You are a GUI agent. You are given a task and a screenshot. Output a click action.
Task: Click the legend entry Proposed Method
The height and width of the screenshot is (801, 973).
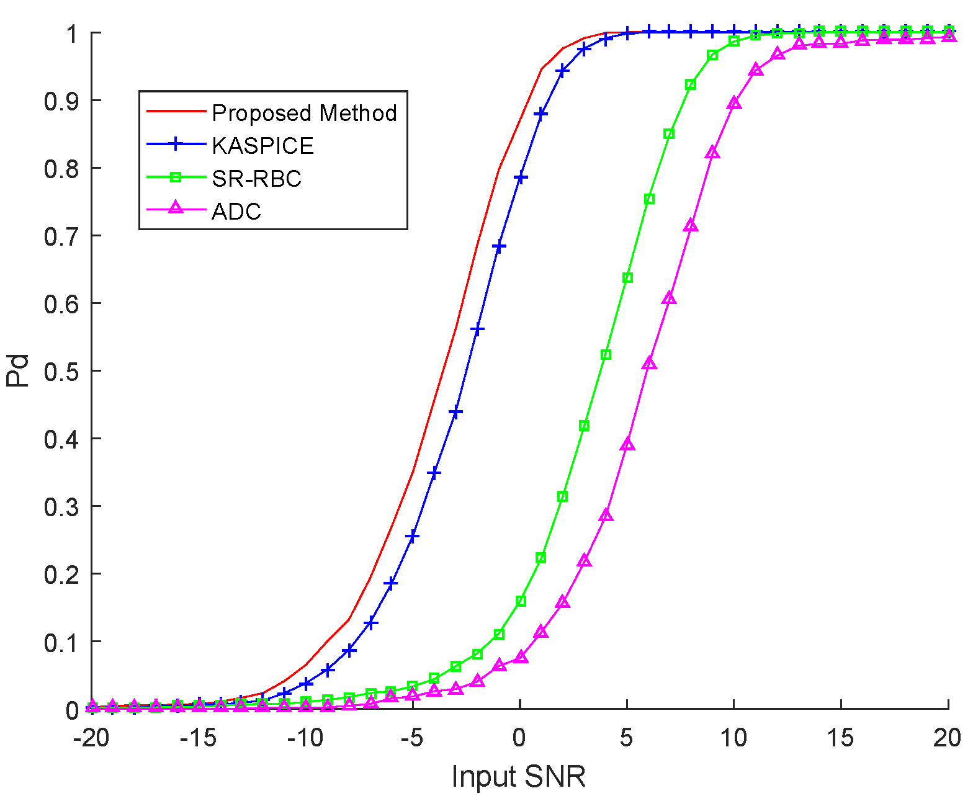tap(304, 113)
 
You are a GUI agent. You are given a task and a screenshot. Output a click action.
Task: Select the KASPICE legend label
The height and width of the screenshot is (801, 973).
tap(262, 146)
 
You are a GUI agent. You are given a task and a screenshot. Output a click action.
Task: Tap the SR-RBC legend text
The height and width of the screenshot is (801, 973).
tap(256, 179)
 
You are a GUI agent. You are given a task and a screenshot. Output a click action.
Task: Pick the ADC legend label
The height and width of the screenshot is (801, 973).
tap(236, 212)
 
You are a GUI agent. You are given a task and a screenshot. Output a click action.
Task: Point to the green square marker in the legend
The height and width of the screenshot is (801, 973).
tap(176, 177)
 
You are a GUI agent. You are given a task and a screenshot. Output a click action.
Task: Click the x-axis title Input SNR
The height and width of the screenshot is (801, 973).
tap(518, 776)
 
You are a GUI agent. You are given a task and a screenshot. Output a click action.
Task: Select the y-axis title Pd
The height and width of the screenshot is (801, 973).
tap(19, 370)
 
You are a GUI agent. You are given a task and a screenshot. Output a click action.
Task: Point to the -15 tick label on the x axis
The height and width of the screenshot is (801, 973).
tap(197, 738)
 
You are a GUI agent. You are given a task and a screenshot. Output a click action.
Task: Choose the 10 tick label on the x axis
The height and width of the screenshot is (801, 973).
tap(733, 738)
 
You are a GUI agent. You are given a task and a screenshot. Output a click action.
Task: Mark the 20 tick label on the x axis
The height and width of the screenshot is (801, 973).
tap(947, 738)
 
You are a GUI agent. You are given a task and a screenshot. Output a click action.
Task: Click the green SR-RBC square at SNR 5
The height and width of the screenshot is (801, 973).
tap(627, 277)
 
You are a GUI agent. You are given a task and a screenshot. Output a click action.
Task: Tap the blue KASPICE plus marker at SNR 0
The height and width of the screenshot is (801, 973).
tap(521, 178)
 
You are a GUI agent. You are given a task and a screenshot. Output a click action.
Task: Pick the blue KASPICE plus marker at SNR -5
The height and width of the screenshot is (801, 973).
tap(413, 536)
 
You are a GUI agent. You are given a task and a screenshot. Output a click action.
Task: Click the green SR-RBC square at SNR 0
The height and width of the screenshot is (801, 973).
tap(521, 601)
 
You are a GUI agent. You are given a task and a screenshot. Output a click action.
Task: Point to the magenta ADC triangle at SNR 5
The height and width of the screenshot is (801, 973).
tap(627, 445)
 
